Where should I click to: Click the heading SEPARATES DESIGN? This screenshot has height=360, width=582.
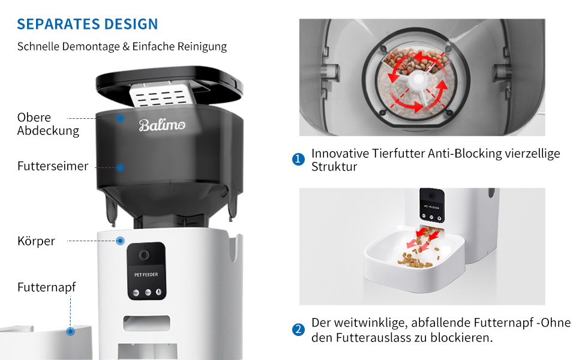pyautogui.click(x=88, y=24)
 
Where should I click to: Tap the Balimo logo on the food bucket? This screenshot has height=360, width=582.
pyautogui.click(x=162, y=125)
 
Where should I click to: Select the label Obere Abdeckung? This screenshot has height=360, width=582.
pyautogui.click(x=48, y=124)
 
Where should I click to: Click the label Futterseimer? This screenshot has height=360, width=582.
pyautogui.click(x=53, y=166)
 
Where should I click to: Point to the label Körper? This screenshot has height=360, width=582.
pyautogui.click(x=36, y=241)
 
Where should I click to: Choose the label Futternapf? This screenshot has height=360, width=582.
pyautogui.click(x=46, y=287)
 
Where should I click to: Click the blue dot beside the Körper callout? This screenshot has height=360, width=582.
pyautogui.click(x=120, y=241)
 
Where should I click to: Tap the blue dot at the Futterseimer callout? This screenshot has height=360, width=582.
pyautogui.click(x=120, y=168)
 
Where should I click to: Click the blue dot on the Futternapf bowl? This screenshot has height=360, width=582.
pyautogui.click(x=71, y=331)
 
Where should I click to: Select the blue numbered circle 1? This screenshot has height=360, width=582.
pyautogui.click(x=298, y=159)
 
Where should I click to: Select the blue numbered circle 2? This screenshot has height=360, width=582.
pyautogui.click(x=298, y=329)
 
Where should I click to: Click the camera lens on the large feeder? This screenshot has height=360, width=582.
pyautogui.click(x=145, y=255)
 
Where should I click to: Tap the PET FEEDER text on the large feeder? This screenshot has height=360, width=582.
pyautogui.click(x=146, y=275)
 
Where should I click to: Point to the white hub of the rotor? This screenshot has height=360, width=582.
pyautogui.click(x=418, y=79)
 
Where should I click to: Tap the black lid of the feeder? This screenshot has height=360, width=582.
pyautogui.click(x=169, y=85)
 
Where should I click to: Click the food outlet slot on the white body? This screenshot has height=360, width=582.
pyautogui.click(x=147, y=323)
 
